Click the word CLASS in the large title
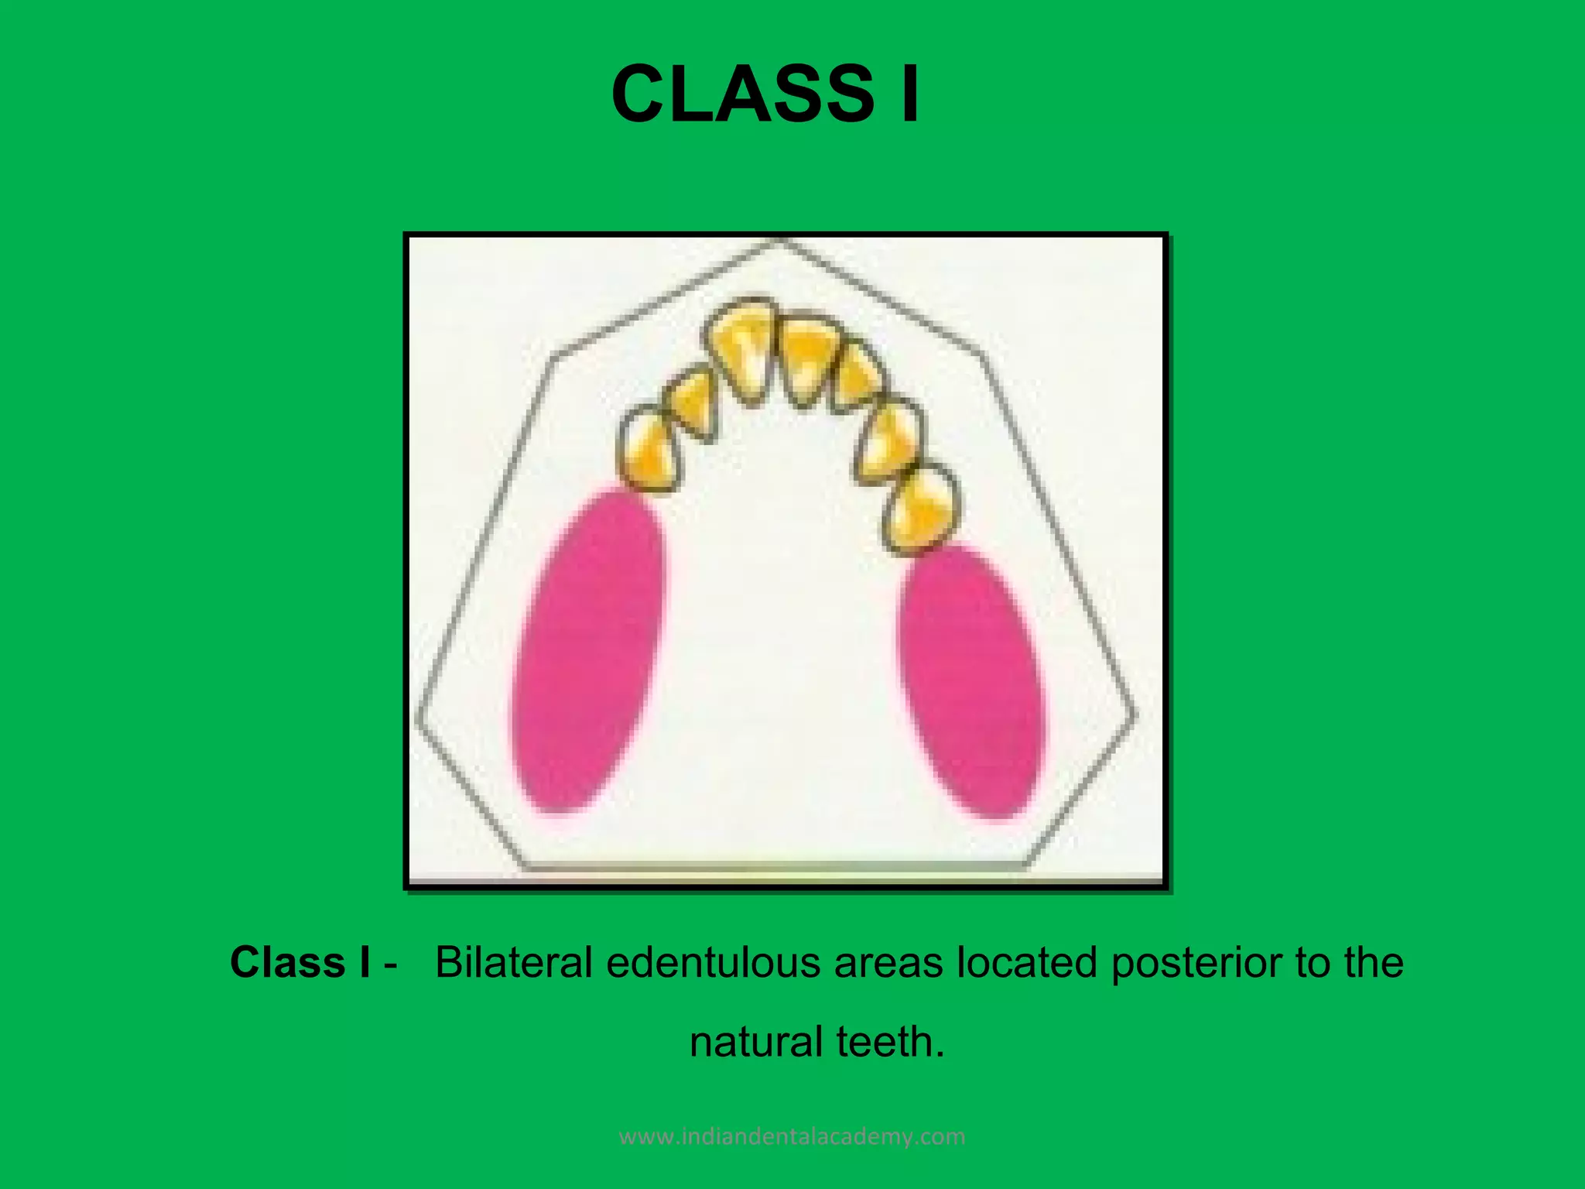(x=742, y=94)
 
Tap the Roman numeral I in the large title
(x=910, y=94)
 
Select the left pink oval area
(x=588, y=650)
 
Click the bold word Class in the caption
(x=287, y=963)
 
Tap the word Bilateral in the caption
(x=514, y=963)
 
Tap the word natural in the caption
(x=756, y=1042)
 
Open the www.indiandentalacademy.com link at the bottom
(x=792, y=1136)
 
